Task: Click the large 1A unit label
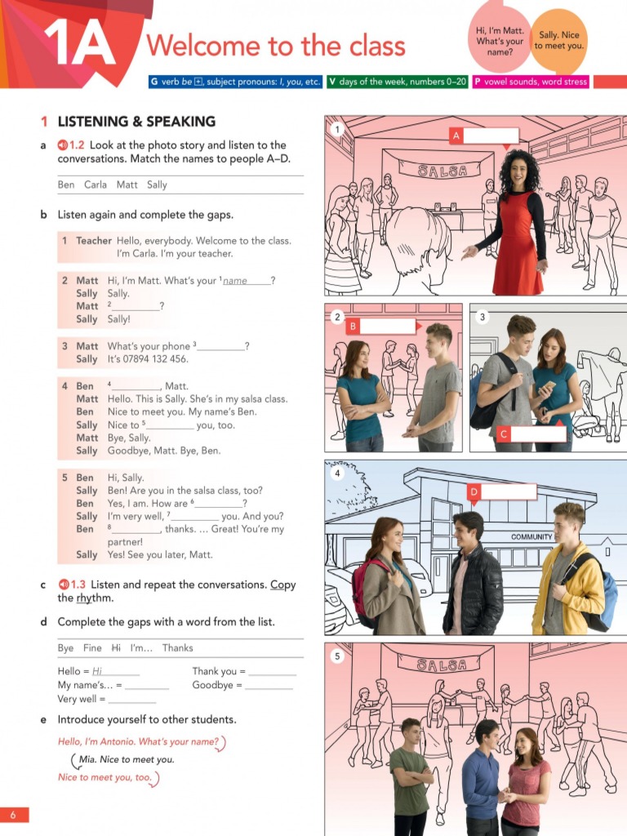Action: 80,42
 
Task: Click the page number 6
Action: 13,815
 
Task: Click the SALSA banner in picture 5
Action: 443,665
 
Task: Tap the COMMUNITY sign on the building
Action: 531,537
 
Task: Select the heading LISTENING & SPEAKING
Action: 136,122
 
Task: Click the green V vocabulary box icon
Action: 332,82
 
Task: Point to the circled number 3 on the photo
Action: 482,317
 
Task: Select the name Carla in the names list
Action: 96,185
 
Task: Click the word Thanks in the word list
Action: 177,647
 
